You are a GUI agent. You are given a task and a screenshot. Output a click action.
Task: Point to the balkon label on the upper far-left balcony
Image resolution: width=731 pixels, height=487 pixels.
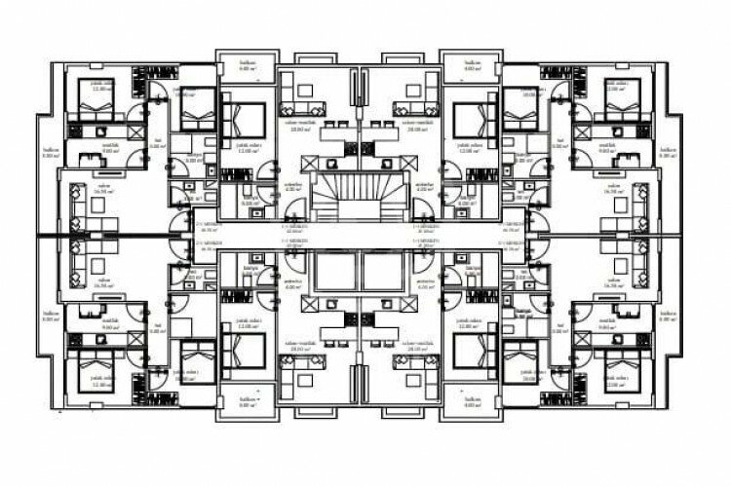pyautogui.click(x=51, y=152)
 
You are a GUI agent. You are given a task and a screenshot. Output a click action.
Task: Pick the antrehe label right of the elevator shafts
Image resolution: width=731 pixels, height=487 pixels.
pyautogui.click(x=425, y=283)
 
